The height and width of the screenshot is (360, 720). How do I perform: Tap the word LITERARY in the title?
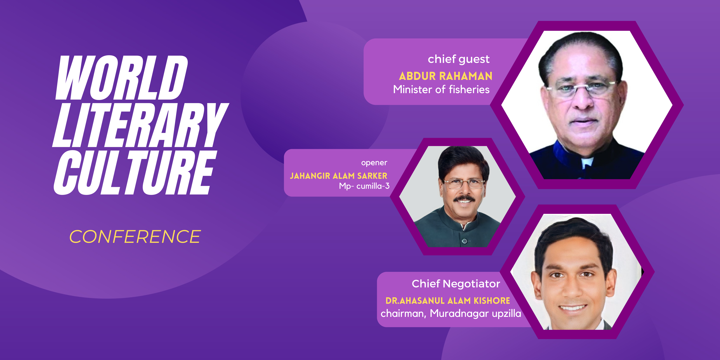tap(141, 125)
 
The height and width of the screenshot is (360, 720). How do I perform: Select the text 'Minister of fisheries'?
tap(441, 89)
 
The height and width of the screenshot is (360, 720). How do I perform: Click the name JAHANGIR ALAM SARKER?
tap(338, 176)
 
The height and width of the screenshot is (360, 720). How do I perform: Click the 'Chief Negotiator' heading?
tap(456, 284)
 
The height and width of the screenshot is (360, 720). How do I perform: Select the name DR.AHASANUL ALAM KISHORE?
tap(448, 301)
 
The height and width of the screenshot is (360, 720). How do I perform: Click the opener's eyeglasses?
tap(464, 184)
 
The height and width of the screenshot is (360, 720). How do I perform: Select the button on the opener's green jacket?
tap(464, 241)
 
